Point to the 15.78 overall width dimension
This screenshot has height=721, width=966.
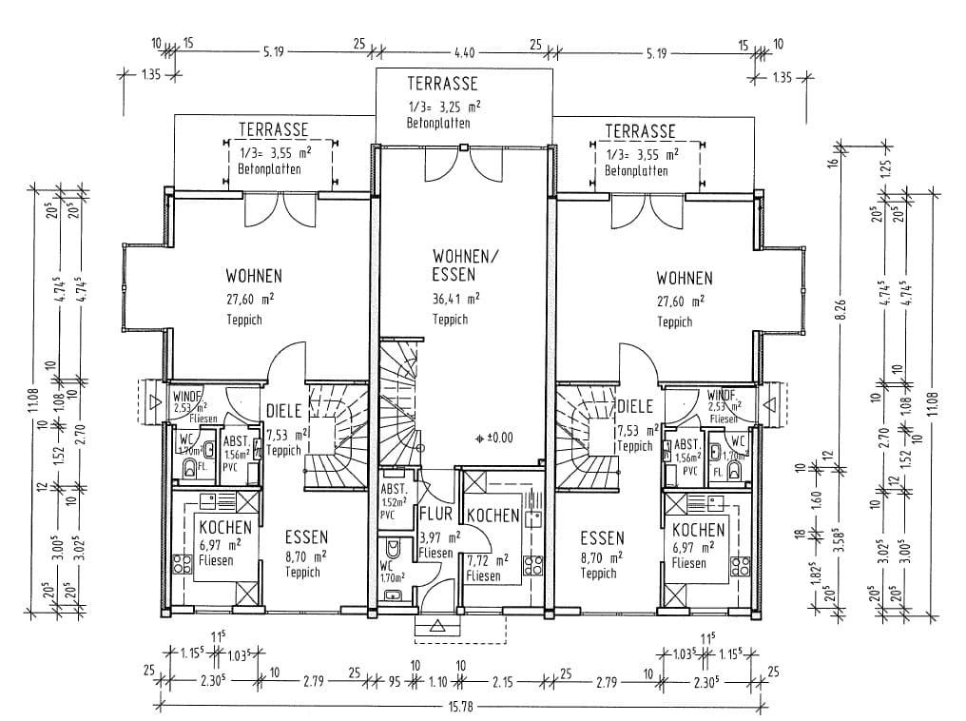pos(462,706)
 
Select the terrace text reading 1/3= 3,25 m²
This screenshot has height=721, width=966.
pos(444,107)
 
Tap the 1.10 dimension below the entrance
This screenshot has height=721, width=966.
pos(437,682)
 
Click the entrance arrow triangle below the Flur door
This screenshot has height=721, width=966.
pos(437,626)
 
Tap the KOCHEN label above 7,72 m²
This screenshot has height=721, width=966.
pos(493,516)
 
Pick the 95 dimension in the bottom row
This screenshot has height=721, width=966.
pos(394,682)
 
